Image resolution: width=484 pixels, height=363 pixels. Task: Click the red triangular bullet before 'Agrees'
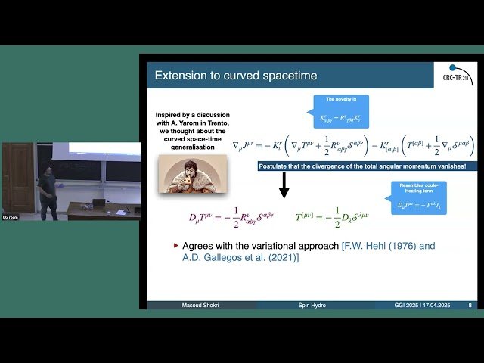(176, 246)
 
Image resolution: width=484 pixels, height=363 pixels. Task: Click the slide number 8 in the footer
(470, 305)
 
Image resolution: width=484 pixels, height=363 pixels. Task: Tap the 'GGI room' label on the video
(10, 217)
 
